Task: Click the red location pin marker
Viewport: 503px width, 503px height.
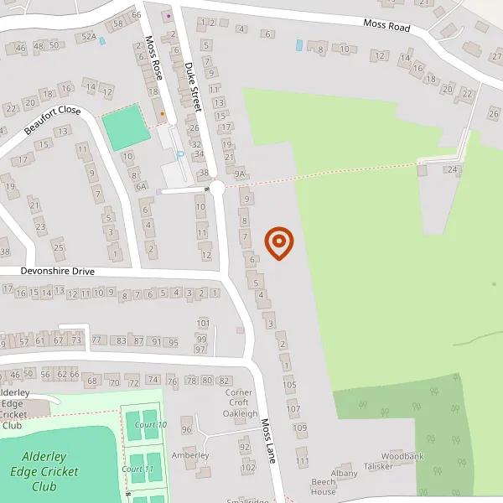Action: (x=279, y=243)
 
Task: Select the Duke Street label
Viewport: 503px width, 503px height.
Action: (x=194, y=83)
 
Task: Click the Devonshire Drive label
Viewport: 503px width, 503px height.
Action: (x=58, y=272)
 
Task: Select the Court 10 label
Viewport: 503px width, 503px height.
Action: (x=150, y=425)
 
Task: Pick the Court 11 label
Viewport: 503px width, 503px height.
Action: (x=137, y=469)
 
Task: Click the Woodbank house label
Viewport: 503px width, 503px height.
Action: (x=408, y=456)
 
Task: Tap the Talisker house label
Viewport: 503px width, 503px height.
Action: (x=378, y=466)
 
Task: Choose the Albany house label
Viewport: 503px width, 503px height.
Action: (x=344, y=474)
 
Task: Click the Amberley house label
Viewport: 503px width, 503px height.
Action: (x=189, y=455)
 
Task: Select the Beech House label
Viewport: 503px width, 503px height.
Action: (x=323, y=487)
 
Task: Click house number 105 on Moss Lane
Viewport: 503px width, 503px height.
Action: (x=291, y=385)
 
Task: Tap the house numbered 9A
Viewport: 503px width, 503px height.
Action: (x=240, y=174)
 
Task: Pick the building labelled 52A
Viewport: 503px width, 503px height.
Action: (x=88, y=37)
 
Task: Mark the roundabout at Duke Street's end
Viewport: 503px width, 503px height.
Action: (x=217, y=189)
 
